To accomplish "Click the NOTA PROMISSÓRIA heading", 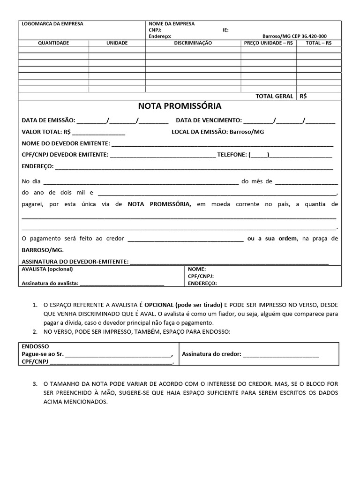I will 180,106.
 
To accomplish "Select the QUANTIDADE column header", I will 53,43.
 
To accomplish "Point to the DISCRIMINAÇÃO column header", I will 193,43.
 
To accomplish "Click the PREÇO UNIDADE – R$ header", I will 269,43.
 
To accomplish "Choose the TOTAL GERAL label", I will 274,96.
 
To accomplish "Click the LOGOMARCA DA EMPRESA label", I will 52,24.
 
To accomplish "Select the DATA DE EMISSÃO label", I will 48,120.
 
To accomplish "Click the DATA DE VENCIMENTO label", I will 209,120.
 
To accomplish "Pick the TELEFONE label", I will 232,154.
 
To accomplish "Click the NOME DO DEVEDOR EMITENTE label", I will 66,143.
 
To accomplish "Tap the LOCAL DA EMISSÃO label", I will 200,132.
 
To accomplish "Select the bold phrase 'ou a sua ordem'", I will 272,239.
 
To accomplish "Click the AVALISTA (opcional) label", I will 47,269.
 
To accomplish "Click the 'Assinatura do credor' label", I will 211,354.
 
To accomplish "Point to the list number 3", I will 35,383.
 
